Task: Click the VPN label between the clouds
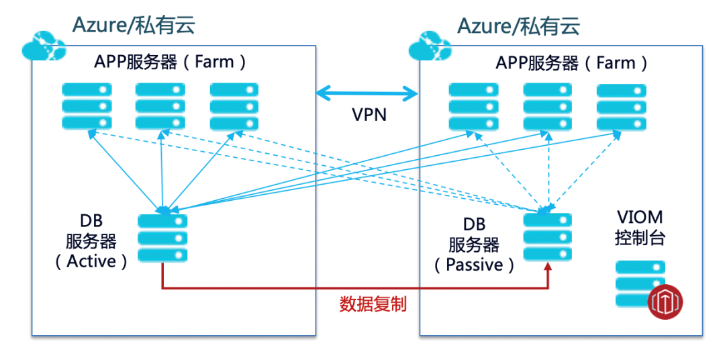tap(369, 114)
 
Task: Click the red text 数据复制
tap(373, 304)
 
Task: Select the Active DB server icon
tap(162, 238)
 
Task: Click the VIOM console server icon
tap(641, 284)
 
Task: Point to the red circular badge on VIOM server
tap(665, 302)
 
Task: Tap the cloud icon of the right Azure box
tap(430, 45)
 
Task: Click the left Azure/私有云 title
tap(134, 26)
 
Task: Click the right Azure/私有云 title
tap(519, 26)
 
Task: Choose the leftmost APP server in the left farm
tap(87, 105)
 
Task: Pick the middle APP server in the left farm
tap(160, 105)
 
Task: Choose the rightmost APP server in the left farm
tap(234, 105)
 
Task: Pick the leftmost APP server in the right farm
tap(474, 105)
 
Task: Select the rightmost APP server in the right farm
tap(622, 105)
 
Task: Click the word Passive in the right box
tap(474, 265)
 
